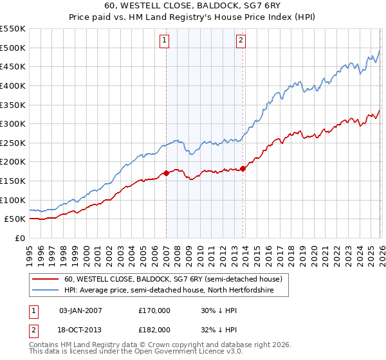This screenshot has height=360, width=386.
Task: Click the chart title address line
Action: (x=192, y=6)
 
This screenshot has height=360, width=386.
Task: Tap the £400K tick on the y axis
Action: (x=12, y=85)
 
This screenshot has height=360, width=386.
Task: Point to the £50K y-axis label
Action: (x=15, y=219)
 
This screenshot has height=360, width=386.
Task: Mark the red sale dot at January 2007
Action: (x=166, y=173)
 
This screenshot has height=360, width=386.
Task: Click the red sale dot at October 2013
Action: (x=243, y=168)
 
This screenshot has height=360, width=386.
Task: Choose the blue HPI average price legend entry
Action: (x=169, y=291)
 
